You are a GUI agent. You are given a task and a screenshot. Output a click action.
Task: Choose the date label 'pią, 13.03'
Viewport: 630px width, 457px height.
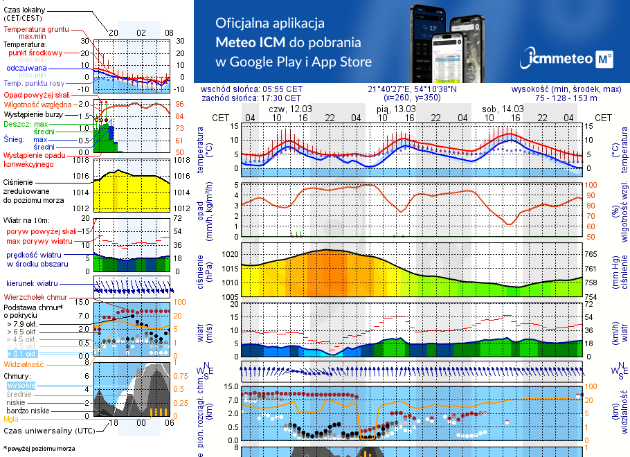click(x=397, y=109)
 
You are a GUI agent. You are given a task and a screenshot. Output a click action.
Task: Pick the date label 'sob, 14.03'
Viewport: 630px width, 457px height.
click(x=503, y=109)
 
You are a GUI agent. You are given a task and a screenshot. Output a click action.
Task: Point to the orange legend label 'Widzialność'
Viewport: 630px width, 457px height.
click(x=24, y=364)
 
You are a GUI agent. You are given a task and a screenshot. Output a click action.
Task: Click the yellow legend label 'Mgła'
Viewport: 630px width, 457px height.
click(x=11, y=419)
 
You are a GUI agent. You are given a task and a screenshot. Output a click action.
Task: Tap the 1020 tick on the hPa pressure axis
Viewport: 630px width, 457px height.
click(x=230, y=254)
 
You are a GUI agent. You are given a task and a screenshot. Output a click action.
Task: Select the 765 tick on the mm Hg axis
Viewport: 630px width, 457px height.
click(x=602, y=254)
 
